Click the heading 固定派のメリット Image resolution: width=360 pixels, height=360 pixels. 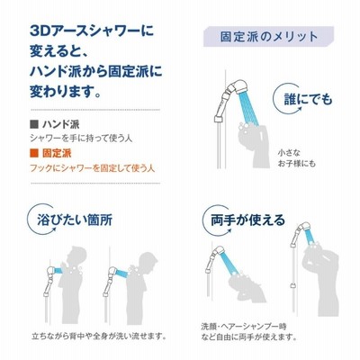click(269, 37)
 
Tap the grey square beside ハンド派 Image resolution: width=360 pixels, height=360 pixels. click(34, 124)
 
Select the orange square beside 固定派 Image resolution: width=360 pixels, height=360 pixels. click(34, 154)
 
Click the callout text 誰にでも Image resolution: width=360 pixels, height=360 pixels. click(309, 99)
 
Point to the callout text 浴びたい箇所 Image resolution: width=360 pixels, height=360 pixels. click(75, 220)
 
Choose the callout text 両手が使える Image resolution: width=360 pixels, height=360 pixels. click(247, 220)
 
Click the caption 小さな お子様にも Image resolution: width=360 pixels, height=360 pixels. click(296, 158)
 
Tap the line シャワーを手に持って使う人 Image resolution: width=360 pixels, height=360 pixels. click(81, 139)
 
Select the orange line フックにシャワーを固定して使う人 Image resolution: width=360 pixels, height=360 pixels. click(93, 168)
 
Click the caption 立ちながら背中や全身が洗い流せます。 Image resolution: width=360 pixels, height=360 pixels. click(99, 335)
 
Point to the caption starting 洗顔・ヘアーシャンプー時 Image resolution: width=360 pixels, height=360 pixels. click(248, 331)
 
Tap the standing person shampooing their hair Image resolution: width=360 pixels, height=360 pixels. click(320, 279)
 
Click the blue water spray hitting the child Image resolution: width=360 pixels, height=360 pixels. click(248, 108)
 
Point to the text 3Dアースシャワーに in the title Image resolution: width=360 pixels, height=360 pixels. click(92, 31)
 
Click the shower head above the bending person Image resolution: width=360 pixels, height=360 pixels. click(219, 255)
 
